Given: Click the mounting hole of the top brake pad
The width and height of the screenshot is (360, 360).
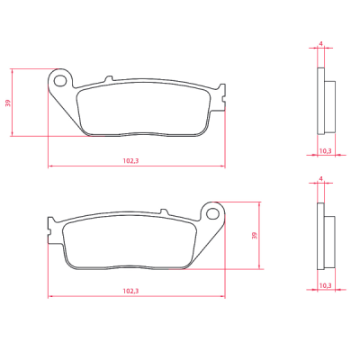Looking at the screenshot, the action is click(60, 81).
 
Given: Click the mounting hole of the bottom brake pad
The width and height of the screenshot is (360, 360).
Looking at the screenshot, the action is click(212, 213).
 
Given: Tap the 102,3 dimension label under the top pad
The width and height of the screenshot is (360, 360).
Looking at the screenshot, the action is click(130, 161).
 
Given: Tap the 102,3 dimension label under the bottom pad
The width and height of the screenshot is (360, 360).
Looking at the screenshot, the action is click(130, 291).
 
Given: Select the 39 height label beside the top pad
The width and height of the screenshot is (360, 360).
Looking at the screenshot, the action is click(8, 103).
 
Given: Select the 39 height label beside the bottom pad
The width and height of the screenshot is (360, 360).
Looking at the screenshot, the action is click(255, 236).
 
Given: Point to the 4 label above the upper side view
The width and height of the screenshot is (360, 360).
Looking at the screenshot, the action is click(320, 44).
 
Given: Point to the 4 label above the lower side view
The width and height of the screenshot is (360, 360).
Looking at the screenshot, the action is click(320, 179).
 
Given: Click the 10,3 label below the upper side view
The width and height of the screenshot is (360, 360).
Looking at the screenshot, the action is click(325, 151).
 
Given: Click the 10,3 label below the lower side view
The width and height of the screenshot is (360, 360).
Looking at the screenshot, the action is click(325, 285).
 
